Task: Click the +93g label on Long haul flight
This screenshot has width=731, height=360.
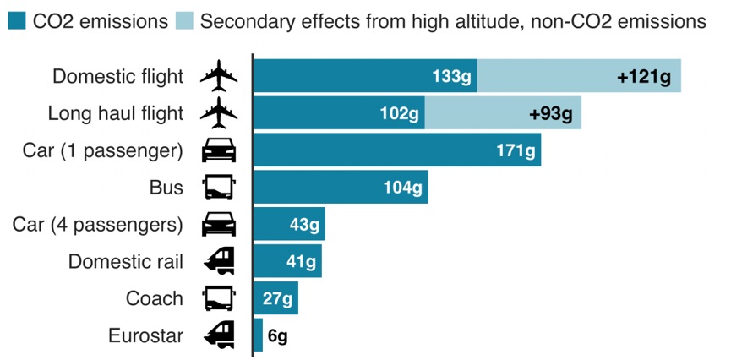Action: tap(550, 114)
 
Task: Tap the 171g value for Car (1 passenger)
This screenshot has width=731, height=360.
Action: tap(516, 151)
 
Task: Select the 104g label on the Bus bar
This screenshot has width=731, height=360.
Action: tap(402, 188)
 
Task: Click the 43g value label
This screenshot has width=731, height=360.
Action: tap(304, 225)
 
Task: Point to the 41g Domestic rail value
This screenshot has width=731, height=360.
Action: tap(301, 261)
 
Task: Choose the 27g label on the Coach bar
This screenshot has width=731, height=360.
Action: tap(277, 298)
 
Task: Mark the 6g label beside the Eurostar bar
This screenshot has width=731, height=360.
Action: tap(278, 335)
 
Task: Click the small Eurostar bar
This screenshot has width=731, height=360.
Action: tap(258, 335)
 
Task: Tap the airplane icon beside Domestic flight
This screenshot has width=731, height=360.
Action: tap(219, 77)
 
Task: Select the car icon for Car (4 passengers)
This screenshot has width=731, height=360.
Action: tap(219, 225)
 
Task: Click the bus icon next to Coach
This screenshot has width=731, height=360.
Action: tap(219, 298)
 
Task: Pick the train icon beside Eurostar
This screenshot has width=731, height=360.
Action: tap(219, 335)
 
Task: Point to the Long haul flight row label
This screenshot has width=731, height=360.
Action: tap(116, 114)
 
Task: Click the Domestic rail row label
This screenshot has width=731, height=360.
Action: tap(126, 261)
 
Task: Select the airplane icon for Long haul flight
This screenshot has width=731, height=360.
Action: tap(219, 114)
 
